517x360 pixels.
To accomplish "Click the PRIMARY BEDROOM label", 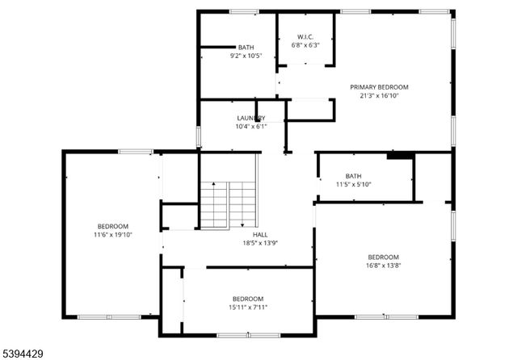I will (379, 87).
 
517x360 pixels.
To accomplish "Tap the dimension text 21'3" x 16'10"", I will (379, 95).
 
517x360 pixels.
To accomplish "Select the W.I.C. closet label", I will (305, 36).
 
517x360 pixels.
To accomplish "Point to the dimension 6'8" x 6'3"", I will (305, 45).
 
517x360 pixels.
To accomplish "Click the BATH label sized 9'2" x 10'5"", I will (246, 48).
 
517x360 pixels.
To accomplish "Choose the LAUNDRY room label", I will (250, 118).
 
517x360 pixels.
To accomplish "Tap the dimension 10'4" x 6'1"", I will (250, 126).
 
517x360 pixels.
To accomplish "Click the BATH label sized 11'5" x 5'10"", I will (354, 176).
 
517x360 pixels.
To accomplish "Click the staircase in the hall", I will (228, 203).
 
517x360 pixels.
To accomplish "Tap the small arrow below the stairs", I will (242, 224).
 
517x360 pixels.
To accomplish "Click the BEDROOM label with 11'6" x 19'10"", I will (113, 226).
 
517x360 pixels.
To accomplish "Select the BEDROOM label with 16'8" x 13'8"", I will (383, 257).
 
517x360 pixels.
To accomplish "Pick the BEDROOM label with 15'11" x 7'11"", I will (248, 298).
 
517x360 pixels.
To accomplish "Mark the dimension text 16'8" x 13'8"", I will (383, 265).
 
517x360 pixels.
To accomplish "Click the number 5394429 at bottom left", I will (23, 352).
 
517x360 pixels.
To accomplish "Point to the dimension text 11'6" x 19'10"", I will (113, 235).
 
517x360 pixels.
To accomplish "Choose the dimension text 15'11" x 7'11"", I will (248, 306).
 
